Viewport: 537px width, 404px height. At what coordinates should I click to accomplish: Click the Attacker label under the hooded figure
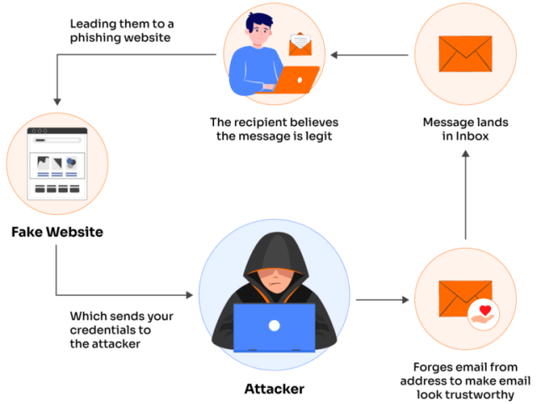pos(274,389)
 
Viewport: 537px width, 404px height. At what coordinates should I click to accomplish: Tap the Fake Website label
pos(58,232)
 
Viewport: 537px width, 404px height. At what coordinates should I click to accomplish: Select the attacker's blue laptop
pos(274,328)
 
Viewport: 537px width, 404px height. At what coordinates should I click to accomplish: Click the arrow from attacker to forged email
pos(383,298)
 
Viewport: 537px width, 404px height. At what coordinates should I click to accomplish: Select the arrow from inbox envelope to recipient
pos(370,56)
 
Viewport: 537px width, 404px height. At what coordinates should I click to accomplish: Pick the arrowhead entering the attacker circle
pos(187,296)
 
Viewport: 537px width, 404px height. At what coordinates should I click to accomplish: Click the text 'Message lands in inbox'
pos(464,129)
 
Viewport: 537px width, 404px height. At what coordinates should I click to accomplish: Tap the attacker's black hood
pos(274,252)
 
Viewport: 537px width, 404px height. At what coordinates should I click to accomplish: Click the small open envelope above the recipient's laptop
pos(300,43)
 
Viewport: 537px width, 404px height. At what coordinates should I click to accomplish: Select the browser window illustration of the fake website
pos(58,163)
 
